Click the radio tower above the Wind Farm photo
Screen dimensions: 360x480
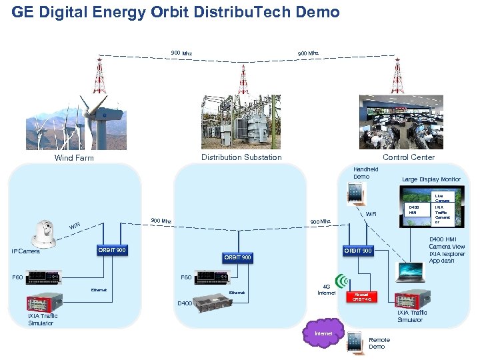tap(99, 75)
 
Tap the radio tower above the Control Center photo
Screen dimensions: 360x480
tap(398, 75)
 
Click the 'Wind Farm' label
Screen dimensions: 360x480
tap(74, 158)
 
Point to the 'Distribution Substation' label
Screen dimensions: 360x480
tap(241, 157)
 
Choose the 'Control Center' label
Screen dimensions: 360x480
tap(408, 157)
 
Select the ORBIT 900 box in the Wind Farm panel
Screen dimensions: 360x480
tap(111, 250)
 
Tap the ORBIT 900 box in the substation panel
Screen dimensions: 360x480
tap(237, 257)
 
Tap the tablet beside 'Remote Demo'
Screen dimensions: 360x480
tap(355, 342)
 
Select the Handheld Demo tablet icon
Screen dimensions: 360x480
tap(355, 193)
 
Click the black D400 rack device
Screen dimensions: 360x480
tap(212, 298)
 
